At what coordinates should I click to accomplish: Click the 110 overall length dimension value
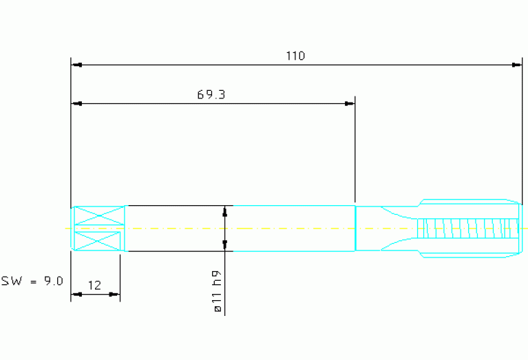pyautogui.click(x=295, y=56)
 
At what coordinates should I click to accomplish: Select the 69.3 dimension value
pyautogui.click(x=211, y=94)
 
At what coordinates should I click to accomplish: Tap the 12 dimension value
pyautogui.click(x=94, y=286)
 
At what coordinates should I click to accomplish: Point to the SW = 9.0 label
pyautogui.click(x=32, y=281)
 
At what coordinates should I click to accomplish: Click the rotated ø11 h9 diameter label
pyautogui.click(x=218, y=291)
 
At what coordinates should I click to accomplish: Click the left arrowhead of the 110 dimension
pyautogui.click(x=76, y=65)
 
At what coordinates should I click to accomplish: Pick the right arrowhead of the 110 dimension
pyautogui.click(x=516, y=65)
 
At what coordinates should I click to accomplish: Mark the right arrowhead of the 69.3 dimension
pyautogui.click(x=350, y=104)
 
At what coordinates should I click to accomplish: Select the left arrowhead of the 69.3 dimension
pyautogui.click(x=76, y=104)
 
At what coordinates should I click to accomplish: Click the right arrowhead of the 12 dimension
pyautogui.click(x=114, y=295)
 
